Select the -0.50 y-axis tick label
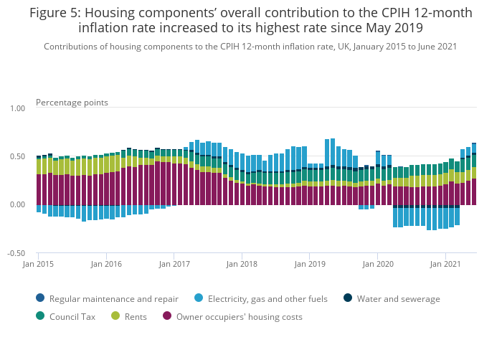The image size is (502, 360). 16,253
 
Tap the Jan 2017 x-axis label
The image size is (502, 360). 174,264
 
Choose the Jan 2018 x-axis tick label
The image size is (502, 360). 242,264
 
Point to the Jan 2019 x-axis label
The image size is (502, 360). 310,264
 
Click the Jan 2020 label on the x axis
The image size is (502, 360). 378,264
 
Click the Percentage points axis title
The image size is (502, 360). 72,103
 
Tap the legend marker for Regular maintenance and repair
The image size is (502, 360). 39,299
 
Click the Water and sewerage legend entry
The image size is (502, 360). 398,299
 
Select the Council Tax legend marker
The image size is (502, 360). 39,316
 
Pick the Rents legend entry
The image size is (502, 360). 135,316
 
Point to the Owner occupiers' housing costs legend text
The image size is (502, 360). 240,316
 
